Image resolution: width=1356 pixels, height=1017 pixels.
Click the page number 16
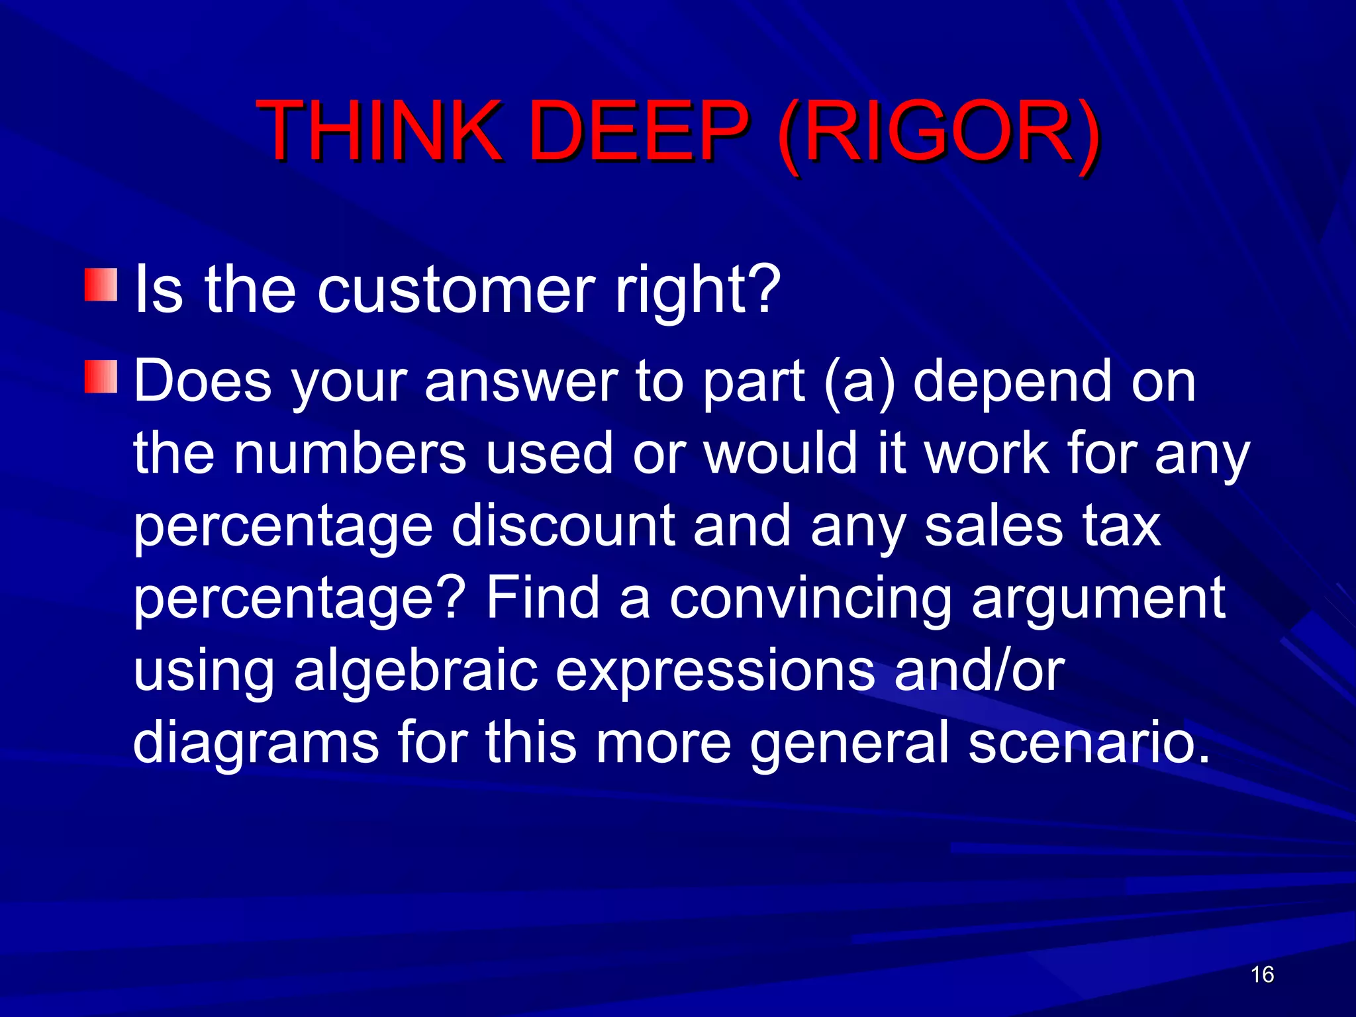tap(1262, 975)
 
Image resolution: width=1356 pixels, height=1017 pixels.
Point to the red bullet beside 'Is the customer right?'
tap(101, 285)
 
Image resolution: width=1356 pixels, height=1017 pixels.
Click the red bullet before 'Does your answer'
tap(101, 377)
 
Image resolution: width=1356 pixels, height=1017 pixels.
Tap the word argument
tap(1098, 599)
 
